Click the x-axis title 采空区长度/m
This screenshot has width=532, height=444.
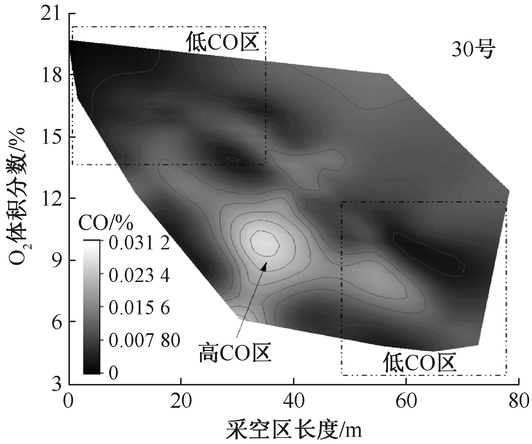[294, 429]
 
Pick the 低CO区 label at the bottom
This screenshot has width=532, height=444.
[419, 363]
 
